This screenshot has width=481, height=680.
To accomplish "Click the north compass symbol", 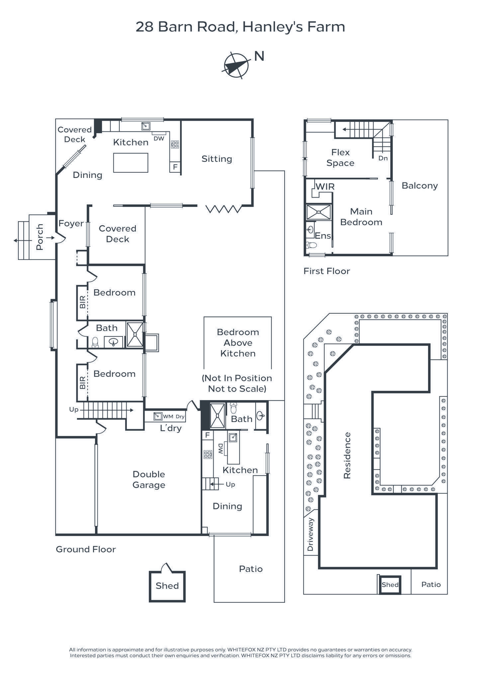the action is coord(236,65).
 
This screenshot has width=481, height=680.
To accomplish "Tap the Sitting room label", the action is coord(217,159).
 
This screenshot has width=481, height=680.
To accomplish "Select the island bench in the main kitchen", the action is coord(131,163).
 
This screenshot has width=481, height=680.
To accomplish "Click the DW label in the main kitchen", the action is coord(159,138).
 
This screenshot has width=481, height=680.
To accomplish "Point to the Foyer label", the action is coord(71,223).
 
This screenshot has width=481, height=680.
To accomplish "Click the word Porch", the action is coord(40,237).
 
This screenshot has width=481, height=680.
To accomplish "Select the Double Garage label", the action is coord(149,479).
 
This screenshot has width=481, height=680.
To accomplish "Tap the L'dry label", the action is coord(171,428).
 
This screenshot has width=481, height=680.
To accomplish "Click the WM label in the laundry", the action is coord(168,416).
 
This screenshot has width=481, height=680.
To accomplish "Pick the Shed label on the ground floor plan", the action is coord(167,586).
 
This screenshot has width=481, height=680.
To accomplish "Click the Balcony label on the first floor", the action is coord(420,186).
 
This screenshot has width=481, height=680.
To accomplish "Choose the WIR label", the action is coord(325,187).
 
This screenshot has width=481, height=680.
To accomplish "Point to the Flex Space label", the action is coord(340,158).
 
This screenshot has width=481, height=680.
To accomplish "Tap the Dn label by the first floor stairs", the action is coord(383,158).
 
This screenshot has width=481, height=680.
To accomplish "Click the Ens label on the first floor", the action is coord(323,236).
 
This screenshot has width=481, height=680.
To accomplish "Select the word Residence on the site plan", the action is coord(347,455).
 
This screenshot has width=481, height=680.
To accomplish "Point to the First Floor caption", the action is coord(327,271).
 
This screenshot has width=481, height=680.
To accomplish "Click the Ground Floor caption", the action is coord(86,550).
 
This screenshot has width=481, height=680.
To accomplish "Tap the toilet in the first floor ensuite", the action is coord(311,245).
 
